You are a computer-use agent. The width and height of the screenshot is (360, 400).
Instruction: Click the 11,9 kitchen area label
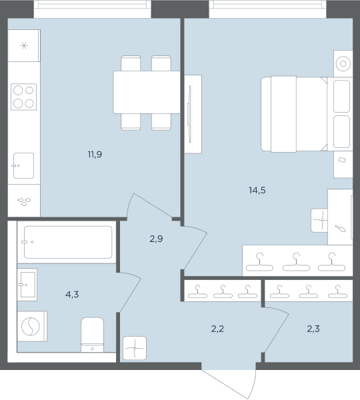[x=95, y=155]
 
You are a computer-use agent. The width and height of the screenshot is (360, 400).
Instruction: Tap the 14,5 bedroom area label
[x=257, y=190]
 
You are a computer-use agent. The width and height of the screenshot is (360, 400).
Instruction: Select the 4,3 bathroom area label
[x=72, y=295]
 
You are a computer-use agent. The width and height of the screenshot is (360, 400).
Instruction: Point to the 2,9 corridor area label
[x=156, y=239]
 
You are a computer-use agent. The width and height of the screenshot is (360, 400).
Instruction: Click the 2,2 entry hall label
[x=217, y=329]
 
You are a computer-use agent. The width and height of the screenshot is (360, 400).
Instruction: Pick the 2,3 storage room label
[x=313, y=329]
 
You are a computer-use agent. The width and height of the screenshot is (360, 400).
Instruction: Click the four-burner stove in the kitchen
[x=24, y=97]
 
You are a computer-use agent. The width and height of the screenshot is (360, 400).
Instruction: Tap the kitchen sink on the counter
[x=23, y=165]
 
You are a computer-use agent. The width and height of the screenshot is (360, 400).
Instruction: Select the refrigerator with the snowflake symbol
[x=24, y=45]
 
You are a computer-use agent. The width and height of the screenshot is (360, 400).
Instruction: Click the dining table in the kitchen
[x=147, y=92]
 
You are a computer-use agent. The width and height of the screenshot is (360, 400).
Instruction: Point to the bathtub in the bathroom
[x=67, y=242]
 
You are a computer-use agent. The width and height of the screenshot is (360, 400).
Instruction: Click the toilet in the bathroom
[x=93, y=335]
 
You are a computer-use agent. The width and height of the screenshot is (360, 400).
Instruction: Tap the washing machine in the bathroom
[x=32, y=326]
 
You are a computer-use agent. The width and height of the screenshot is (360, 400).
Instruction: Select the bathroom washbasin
[x=27, y=285]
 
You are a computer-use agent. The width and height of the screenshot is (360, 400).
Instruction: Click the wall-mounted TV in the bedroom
[x=189, y=114]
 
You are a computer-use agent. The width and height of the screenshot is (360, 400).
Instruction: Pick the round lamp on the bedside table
[x=343, y=63]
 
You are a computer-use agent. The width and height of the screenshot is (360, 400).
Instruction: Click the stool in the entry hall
[x=135, y=348]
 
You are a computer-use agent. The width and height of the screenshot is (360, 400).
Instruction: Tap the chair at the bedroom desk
[x=319, y=221]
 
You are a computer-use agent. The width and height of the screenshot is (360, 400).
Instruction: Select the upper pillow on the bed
[x=341, y=96]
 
